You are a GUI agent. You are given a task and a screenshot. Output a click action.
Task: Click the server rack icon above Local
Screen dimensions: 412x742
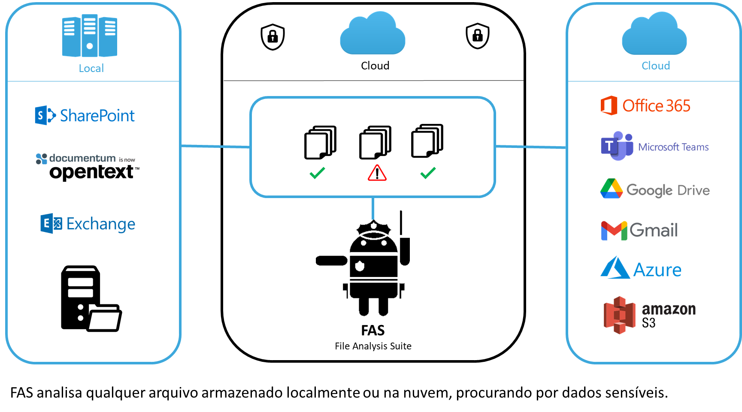click(x=90, y=36)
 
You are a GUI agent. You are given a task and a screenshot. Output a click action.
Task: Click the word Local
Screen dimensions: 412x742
click(x=91, y=69)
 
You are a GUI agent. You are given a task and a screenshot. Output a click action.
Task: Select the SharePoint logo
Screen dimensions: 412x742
click(x=85, y=115)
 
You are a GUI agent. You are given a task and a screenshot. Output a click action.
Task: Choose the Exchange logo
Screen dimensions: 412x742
click(x=88, y=223)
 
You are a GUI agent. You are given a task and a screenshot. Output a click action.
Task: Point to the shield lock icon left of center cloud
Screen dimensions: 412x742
click(x=273, y=37)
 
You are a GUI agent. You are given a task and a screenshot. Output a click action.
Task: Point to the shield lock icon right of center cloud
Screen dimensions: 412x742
click(x=478, y=36)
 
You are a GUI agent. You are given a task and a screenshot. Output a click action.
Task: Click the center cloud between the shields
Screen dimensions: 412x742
click(x=373, y=34)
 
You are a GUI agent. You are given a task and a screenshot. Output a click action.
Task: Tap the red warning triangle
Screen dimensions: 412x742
click(x=377, y=173)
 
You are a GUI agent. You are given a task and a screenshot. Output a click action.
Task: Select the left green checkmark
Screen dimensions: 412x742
click(x=317, y=173)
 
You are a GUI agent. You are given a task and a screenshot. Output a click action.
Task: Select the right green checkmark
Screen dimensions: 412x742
click(x=428, y=173)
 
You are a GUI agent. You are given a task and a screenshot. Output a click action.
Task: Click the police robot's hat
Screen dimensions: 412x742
click(x=374, y=229)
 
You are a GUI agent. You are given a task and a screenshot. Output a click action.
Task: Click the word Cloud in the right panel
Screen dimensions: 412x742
click(x=655, y=66)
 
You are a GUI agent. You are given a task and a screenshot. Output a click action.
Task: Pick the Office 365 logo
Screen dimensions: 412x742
click(x=645, y=105)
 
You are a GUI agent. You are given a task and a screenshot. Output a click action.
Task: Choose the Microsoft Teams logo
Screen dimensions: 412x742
click(x=654, y=146)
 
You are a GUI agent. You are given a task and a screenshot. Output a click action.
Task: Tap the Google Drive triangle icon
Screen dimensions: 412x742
click(x=611, y=189)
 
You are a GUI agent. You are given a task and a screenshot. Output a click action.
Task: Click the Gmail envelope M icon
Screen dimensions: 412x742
click(x=614, y=231)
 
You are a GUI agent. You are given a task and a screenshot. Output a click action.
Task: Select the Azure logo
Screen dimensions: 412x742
click(x=641, y=268)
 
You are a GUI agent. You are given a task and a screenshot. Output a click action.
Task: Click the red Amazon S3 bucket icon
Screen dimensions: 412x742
click(x=619, y=315)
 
